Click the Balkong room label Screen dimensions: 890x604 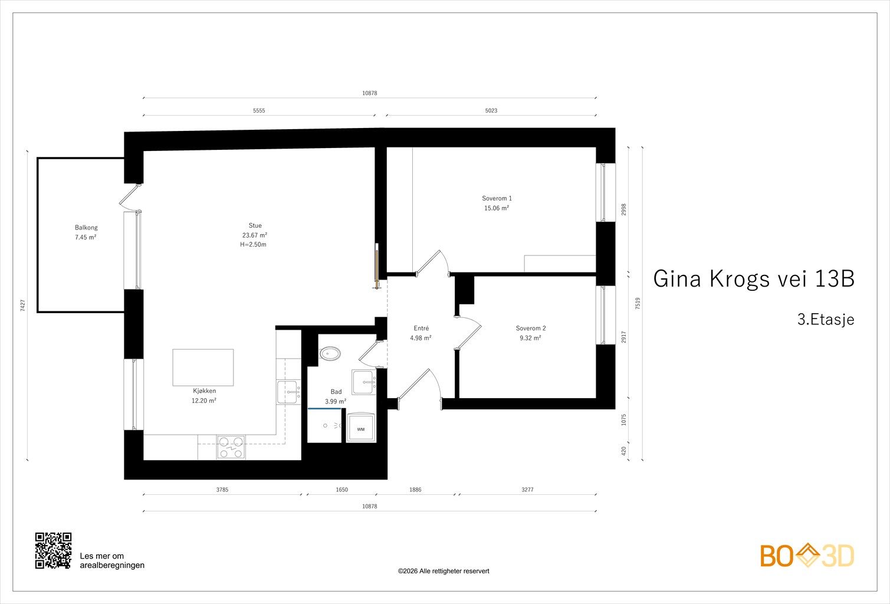coord(86,228)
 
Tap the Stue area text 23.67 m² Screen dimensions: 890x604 coord(255,235)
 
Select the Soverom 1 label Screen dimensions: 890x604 coord(497,198)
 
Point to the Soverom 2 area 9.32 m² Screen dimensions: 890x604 coord(530,338)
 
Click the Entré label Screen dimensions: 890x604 coord(421,328)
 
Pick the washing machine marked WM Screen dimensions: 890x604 coord(361,428)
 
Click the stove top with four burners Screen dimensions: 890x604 coord(231,447)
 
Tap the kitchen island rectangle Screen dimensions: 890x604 coord(203,367)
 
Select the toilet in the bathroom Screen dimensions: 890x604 coord(330,353)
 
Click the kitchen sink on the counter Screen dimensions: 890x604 coord(289,392)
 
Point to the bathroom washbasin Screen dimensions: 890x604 coord(363,382)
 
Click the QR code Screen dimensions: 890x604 coord(53,551)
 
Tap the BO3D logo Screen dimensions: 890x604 coord(807,556)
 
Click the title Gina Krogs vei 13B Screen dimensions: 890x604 coord(754,278)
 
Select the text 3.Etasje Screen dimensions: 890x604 coord(826,320)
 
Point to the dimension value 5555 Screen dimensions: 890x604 coord(259,110)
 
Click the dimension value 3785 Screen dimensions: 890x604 coord(222,490)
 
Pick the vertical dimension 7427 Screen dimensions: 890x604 coord(22,305)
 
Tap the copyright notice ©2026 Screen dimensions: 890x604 coord(444,571)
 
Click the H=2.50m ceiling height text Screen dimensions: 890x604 coord(253,244)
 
